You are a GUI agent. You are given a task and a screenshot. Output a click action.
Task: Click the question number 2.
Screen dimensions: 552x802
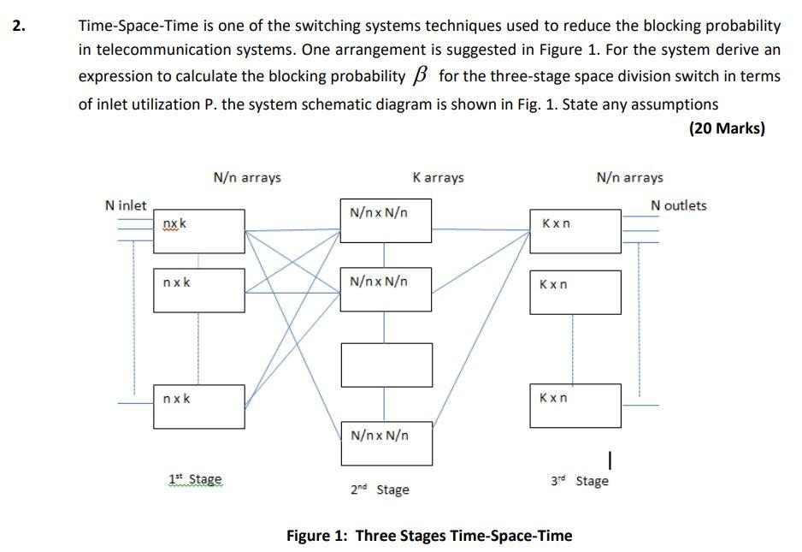point(18,25)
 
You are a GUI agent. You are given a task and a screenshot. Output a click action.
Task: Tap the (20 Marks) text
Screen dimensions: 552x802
point(726,128)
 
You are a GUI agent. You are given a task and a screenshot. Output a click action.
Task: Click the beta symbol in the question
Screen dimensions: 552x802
point(421,75)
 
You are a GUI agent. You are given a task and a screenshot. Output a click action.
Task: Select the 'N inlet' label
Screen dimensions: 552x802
point(126,205)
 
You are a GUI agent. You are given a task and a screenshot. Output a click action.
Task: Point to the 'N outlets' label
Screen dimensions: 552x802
point(678,205)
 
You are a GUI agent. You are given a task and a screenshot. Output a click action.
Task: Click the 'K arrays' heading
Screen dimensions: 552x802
point(438,177)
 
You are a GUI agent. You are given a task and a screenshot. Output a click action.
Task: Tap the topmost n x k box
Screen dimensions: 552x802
point(199,231)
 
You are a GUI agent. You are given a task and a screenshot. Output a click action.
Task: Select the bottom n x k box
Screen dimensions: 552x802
point(199,407)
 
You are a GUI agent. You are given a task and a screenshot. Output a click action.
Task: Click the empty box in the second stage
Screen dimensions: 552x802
point(386,365)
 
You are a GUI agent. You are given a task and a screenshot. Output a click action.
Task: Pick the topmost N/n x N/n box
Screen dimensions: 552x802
point(386,220)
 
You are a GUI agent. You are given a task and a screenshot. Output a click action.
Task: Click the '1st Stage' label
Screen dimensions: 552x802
point(195,479)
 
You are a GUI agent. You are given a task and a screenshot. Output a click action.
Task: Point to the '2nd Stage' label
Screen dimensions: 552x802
point(380,490)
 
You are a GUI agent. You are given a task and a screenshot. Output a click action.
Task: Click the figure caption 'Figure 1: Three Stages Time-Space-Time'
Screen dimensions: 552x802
point(429,536)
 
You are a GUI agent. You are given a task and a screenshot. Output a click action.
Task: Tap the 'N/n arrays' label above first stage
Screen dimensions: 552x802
point(247,177)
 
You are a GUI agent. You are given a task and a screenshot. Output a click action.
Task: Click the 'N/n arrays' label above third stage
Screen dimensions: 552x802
point(629,177)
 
